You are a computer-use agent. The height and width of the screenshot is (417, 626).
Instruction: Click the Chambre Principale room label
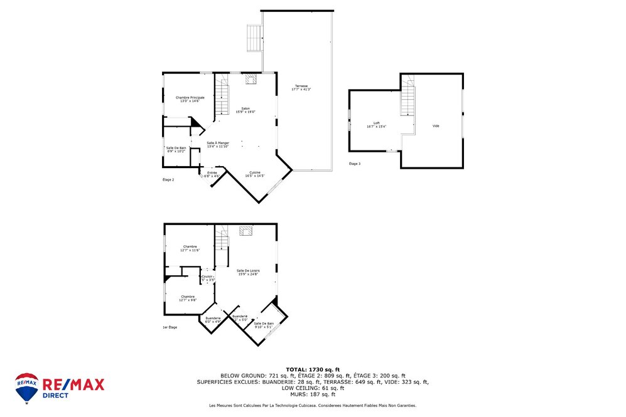point(190,99)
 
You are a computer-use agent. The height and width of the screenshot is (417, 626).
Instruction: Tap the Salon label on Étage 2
point(246,110)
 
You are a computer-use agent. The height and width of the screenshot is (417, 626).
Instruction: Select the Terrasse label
point(301,87)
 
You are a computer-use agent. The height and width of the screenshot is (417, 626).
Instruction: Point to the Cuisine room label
point(254,174)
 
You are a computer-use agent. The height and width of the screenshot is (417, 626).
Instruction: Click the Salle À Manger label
point(218,144)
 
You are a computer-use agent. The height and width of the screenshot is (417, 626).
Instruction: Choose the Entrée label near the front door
point(212,174)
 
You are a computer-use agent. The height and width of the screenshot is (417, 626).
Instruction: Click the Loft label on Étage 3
point(377,124)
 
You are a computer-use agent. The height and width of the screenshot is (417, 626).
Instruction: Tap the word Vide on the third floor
point(436,126)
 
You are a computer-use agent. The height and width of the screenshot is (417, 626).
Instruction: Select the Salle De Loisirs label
point(248,272)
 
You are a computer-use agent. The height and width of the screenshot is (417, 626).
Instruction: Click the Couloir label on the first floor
point(207,277)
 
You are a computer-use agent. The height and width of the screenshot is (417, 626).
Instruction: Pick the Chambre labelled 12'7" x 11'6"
point(190,248)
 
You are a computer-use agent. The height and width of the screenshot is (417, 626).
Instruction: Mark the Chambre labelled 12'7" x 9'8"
point(187,298)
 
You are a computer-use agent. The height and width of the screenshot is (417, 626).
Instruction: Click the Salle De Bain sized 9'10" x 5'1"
point(263,325)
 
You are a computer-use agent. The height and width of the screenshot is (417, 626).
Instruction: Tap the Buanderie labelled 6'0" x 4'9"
point(213,320)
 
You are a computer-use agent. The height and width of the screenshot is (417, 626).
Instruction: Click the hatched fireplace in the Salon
point(251,79)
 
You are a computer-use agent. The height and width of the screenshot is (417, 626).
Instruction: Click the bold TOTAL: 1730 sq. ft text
point(313,369)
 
